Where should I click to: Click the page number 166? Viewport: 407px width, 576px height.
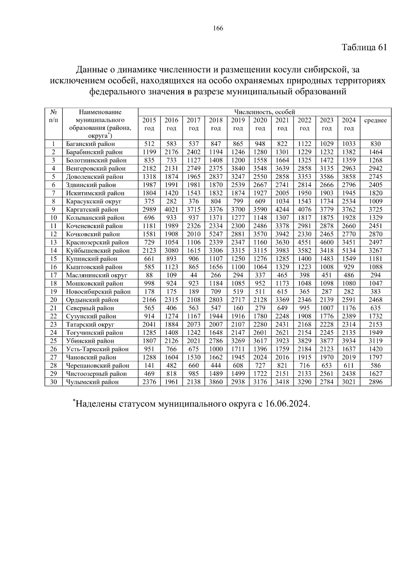(x=218, y=29)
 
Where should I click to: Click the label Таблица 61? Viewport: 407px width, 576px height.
(x=364, y=47)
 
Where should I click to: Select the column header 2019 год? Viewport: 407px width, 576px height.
(x=238, y=124)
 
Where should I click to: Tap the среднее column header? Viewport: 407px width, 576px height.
(x=375, y=120)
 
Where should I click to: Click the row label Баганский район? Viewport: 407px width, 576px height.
(x=91, y=144)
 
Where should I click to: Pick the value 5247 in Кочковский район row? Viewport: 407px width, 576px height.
(x=216, y=234)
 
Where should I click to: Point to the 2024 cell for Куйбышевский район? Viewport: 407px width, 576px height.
(x=349, y=250)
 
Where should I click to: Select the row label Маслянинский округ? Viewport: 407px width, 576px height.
(x=97, y=275)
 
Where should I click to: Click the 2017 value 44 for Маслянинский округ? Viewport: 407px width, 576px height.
(x=194, y=275)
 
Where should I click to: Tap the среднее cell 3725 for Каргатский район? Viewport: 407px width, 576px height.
(x=375, y=209)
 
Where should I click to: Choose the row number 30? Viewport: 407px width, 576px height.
(x=54, y=382)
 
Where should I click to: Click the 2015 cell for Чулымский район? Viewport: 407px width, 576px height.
(x=149, y=382)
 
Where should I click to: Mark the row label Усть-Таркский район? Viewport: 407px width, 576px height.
(x=97, y=349)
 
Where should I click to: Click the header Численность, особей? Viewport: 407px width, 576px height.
(x=265, y=112)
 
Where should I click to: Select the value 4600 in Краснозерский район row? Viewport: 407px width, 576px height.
(x=327, y=242)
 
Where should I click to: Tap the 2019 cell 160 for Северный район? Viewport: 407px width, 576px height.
(x=238, y=308)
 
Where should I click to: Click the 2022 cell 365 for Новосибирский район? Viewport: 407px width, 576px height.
(x=304, y=292)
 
